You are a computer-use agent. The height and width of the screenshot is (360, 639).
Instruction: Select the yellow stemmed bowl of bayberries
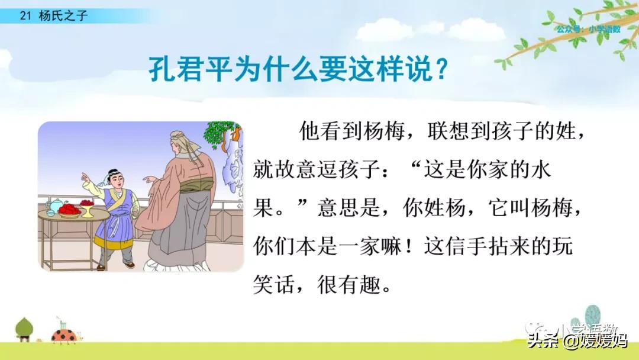point(86,206)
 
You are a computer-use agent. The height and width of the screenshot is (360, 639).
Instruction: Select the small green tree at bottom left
point(24,328)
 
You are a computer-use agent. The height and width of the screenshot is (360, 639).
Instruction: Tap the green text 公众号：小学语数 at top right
point(588,29)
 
